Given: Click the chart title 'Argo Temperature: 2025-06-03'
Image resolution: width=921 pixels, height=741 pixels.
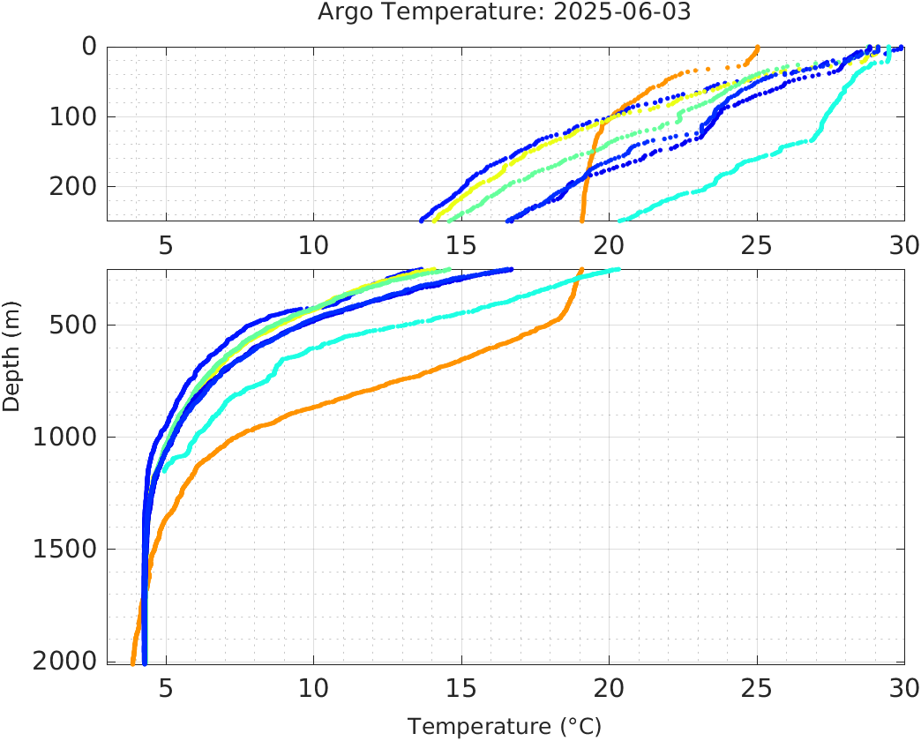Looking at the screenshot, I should [504, 12].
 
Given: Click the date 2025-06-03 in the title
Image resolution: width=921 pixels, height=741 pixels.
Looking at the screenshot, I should [629, 12].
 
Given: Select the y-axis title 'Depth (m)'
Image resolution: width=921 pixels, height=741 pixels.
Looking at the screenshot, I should [11, 364].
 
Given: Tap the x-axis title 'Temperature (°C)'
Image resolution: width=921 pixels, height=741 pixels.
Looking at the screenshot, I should [504, 726].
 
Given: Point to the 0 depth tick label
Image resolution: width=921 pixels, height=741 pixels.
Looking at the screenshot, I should [89, 47].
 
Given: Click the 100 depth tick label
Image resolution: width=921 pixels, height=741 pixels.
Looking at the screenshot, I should [73, 116].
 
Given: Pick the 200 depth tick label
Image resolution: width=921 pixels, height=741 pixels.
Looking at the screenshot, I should [73, 186].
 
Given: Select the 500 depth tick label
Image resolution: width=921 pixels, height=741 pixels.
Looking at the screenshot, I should [73, 326].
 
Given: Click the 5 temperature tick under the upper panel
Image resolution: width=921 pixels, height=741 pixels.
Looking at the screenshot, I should [166, 244].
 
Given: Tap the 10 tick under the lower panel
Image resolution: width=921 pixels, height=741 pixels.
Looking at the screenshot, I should [313, 687].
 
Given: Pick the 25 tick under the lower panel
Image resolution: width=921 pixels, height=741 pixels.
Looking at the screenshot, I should [757, 687].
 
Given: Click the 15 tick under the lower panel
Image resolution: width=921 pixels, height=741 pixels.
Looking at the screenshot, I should [461, 687].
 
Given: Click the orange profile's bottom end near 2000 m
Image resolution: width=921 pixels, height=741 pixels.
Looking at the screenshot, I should [132, 662].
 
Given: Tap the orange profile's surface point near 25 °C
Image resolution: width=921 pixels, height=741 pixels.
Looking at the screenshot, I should [757, 48].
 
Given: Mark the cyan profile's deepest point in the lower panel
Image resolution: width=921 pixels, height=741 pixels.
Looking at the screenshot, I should [164, 470].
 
